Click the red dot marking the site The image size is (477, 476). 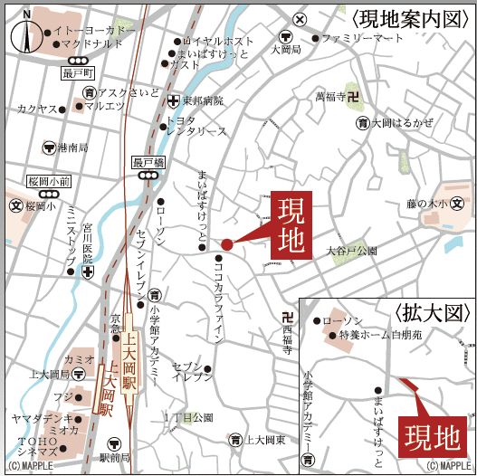pyautogui.click(x=227, y=243)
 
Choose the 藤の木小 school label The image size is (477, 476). pyautogui.click(x=426, y=205)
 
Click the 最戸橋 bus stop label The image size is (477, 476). pyautogui.click(x=146, y=163)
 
